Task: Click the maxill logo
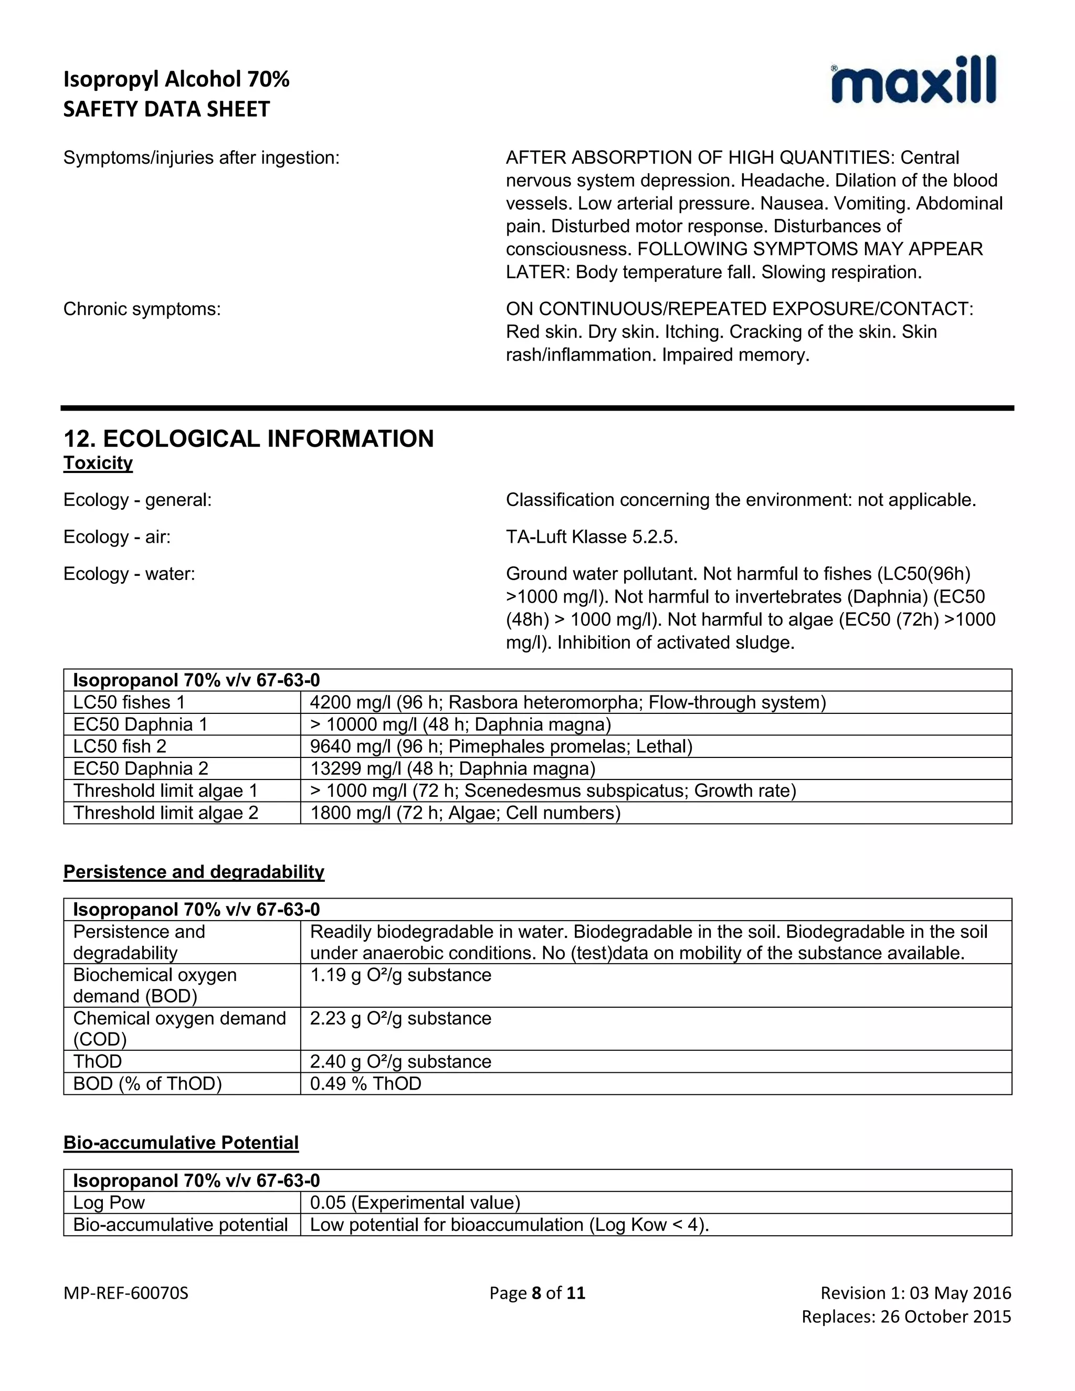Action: point(913,81)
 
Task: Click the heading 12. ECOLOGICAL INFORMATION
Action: point(248,439)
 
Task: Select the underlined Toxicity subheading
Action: point(98,463)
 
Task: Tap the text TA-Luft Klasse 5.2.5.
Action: point(592,537)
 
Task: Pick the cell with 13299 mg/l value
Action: point(452,769)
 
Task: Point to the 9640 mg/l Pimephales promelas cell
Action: point(501,746)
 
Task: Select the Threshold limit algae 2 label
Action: point(165,813)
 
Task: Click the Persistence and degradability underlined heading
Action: point(194,871)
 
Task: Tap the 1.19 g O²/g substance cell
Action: point(401,975)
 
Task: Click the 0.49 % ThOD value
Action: point(365,1083)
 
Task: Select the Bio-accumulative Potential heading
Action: point(181,1143)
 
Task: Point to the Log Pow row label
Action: point(109,1203)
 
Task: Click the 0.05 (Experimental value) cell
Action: point(415,1203)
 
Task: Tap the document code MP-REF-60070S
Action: point(126,1293)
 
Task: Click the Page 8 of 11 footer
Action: point(537,1293)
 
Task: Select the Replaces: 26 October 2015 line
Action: point(905,1316)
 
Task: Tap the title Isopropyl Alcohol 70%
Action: point(176,79)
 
